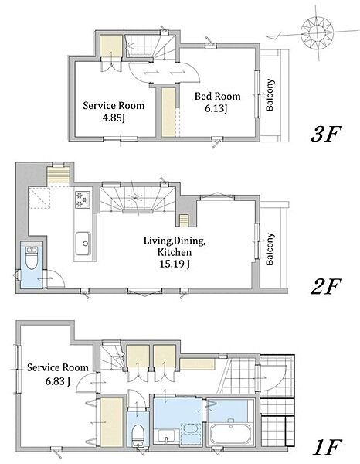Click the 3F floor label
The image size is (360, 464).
coord(326,134)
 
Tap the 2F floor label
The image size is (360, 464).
coord(326,285)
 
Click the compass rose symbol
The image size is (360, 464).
coord(317,32)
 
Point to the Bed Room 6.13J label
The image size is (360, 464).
coord(217,102)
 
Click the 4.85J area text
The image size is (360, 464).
coord(114,118)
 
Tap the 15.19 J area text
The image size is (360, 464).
coord(175,264)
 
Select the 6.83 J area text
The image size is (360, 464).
coord(58,381)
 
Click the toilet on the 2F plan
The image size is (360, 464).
coord(32,258)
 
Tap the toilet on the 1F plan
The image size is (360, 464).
coord(138,435)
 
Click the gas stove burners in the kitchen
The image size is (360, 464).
coord(83,200)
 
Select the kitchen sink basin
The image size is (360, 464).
coord(83,244)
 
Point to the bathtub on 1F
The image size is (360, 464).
coord(230,432)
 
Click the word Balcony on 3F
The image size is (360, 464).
coord(270,94)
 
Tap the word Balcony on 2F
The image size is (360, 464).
coord(270,249)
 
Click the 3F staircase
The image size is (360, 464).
coord(151,46)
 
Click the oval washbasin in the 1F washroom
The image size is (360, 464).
coord(190,428)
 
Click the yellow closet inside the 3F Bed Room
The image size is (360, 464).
coord(168,112)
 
